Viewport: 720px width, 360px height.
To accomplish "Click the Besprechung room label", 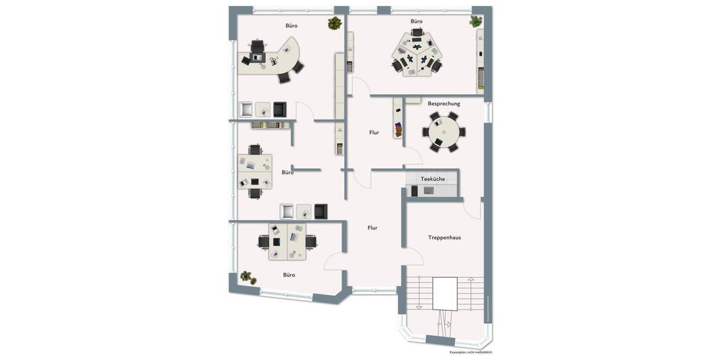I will tap(444, 104).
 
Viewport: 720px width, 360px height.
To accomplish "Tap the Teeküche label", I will tap(433, 179).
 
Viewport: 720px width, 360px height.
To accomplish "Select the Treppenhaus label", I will tap(445, 238).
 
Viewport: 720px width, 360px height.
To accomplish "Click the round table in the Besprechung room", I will tap(443, 132).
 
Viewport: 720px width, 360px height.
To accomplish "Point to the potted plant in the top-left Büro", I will tap(335, 23).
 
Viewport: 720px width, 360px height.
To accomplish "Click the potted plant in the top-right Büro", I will tap(476, 22).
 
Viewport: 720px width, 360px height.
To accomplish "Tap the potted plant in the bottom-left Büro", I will tap(246, 277).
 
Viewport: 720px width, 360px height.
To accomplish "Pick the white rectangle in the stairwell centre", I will tap(445, 293).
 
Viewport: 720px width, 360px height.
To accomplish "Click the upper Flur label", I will tap(374, 133).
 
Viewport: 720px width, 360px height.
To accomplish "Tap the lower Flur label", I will tap(373, 228).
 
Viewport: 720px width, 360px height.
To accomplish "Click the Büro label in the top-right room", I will tap(416, 21).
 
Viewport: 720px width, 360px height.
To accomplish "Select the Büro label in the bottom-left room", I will tap(289, 275).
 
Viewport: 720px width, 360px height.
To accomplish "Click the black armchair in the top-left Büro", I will tap(280, 109).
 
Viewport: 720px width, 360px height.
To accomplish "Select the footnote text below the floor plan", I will tap(470, 352).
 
